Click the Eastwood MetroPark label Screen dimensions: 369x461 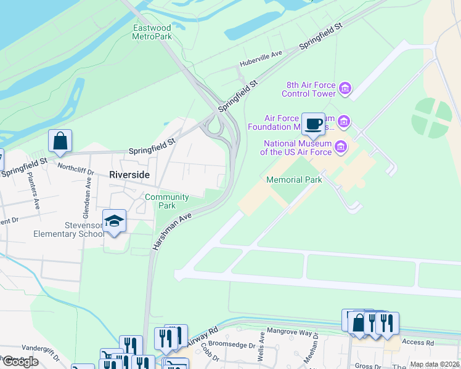pyautogui.click(x=152, y=32)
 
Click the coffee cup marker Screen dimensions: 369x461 pyautogui.click(x=313, y=123)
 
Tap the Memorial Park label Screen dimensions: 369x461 pyautogui.click(x=294, y=180)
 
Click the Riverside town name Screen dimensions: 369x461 pyautogui.click(x=129, y=175)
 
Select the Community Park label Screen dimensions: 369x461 pyautogui.click(x=166, y=201)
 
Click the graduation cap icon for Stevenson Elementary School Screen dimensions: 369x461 pyautogui.click(x=114, y=220)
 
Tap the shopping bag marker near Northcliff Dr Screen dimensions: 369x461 pyautogui.click(x=60, y=141)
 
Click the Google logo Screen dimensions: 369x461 pyautogui.click(x=20, y=362)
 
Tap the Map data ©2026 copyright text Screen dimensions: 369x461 pyautogui.click(x=434, y=364)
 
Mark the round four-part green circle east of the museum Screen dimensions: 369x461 pyautogui.click(x=432, y=117)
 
